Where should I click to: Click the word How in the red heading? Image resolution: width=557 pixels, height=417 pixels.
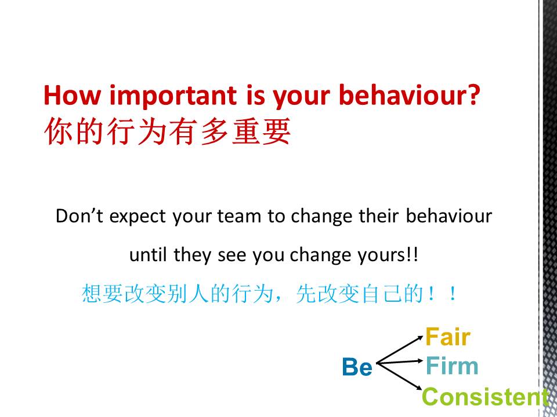point(72,95)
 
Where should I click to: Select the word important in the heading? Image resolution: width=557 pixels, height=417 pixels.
point(173,96)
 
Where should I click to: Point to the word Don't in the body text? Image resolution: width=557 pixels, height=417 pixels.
point(79,215)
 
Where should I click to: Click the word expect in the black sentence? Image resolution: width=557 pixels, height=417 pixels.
point(138,218)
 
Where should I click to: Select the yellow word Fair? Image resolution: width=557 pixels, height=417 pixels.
point(448,337)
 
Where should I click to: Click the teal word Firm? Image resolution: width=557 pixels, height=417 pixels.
point(452,366)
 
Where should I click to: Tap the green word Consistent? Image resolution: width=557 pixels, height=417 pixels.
point(485,397)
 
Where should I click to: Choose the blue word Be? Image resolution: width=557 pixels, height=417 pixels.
point(357,367)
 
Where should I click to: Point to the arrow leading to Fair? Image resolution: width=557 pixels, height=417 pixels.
point(400,350)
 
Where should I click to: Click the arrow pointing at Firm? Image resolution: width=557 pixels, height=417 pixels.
point(400,361)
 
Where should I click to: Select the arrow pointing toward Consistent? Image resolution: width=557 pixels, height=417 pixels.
point(399,376)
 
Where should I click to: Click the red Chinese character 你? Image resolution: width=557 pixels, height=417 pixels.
point(58,131)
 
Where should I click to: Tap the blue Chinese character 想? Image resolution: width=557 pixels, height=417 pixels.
point(92,294)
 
